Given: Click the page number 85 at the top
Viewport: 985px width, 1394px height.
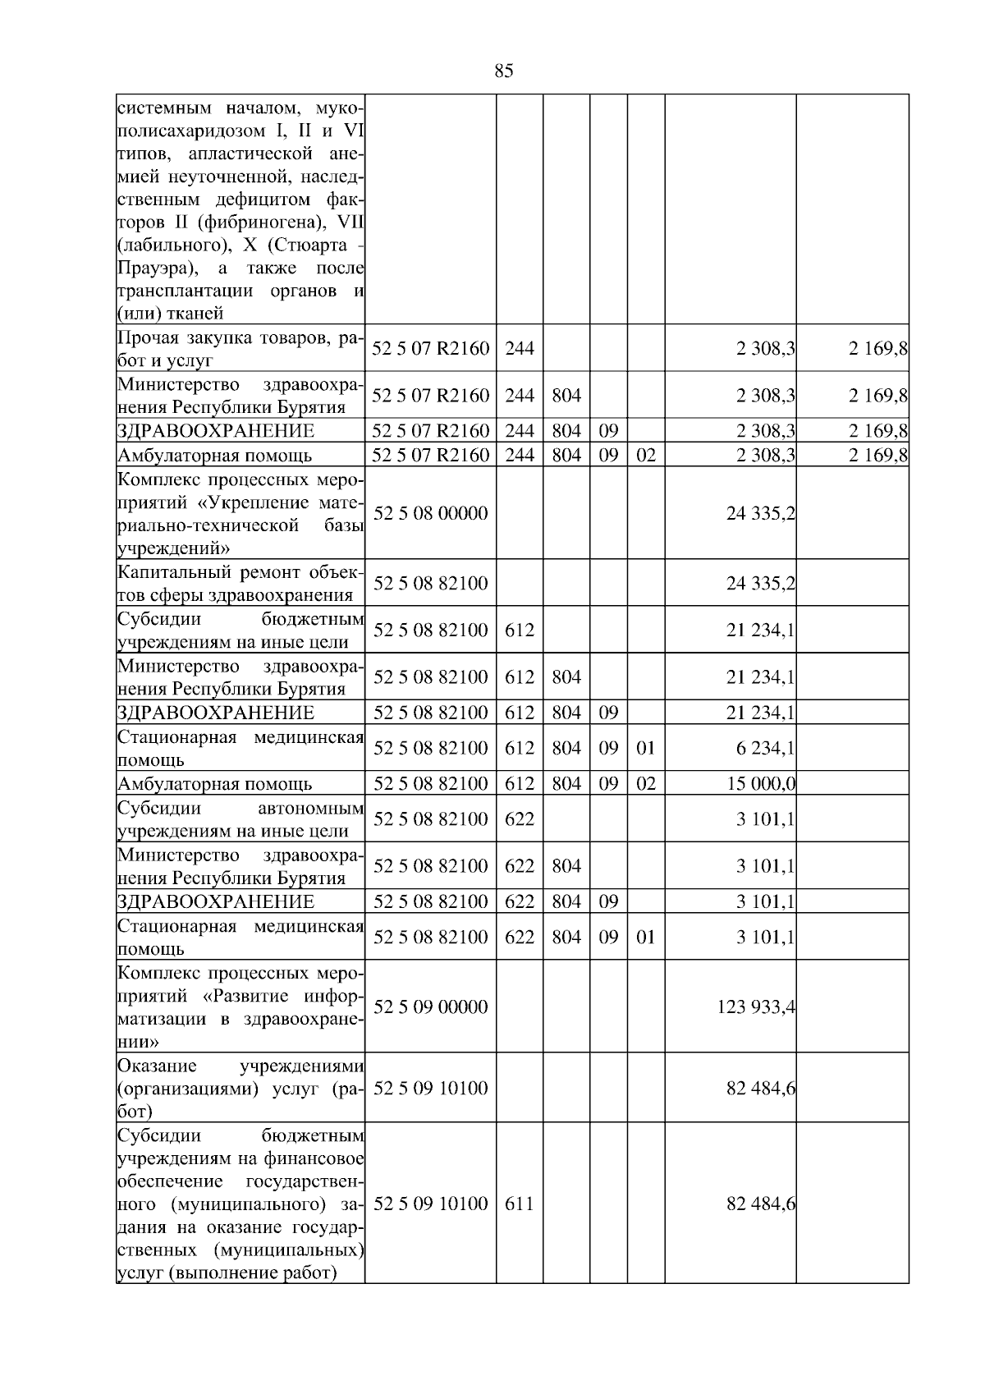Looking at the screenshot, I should pos(504,71).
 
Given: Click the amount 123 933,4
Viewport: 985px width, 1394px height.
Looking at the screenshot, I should pos(756,1007).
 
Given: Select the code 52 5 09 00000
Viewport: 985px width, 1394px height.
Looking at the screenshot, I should pos(431,1007).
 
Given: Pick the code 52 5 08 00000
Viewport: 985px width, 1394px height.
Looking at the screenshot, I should pos(431,513).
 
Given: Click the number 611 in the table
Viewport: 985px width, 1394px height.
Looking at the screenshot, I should pos(520,1204).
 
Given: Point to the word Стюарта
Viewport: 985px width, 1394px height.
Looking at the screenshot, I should pos(303,245).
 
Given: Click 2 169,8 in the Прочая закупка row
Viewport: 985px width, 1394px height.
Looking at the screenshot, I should pos(877,349).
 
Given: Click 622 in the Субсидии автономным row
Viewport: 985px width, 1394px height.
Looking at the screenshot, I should pos(520,819).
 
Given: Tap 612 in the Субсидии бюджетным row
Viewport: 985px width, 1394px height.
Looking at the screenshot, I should pos(520,631).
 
